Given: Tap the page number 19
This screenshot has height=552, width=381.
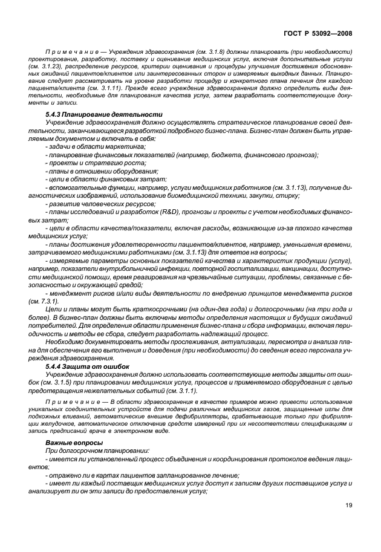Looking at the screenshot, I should point(349,505).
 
